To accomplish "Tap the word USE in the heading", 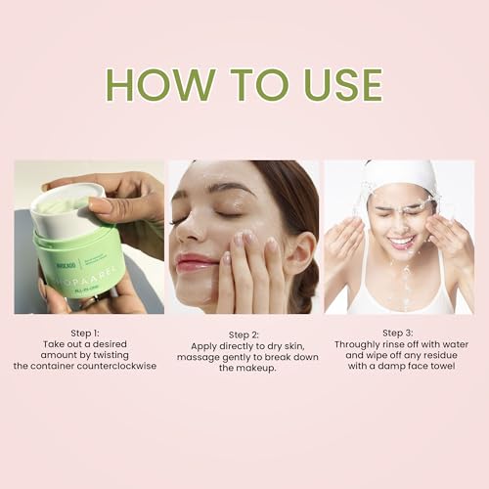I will pyautogui.click(x=333, y=85).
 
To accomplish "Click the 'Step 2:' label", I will pyautogui.click(x=244, y=333).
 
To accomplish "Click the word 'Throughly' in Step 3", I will pyautogui.click(x=359, y=344).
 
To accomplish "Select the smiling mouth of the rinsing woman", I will pyautogui.click(x=401, y=242).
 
